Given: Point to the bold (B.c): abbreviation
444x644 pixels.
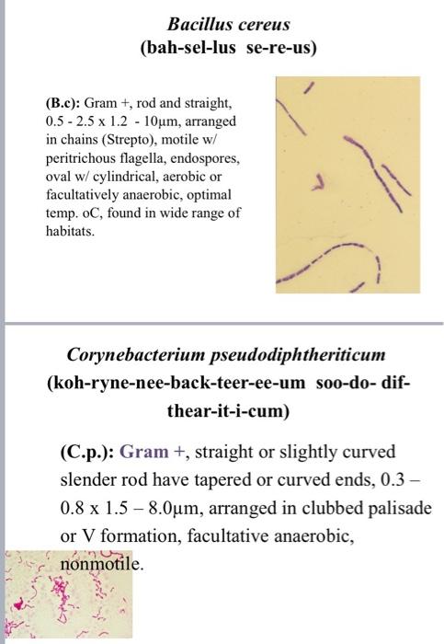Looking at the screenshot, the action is [61, 104].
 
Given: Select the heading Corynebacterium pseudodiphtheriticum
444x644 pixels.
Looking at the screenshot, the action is [226, 354].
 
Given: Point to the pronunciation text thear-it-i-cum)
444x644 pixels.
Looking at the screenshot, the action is [225, 410].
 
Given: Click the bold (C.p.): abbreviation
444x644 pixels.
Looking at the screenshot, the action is [87, 452].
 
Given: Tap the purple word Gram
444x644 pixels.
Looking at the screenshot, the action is [144, 452].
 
